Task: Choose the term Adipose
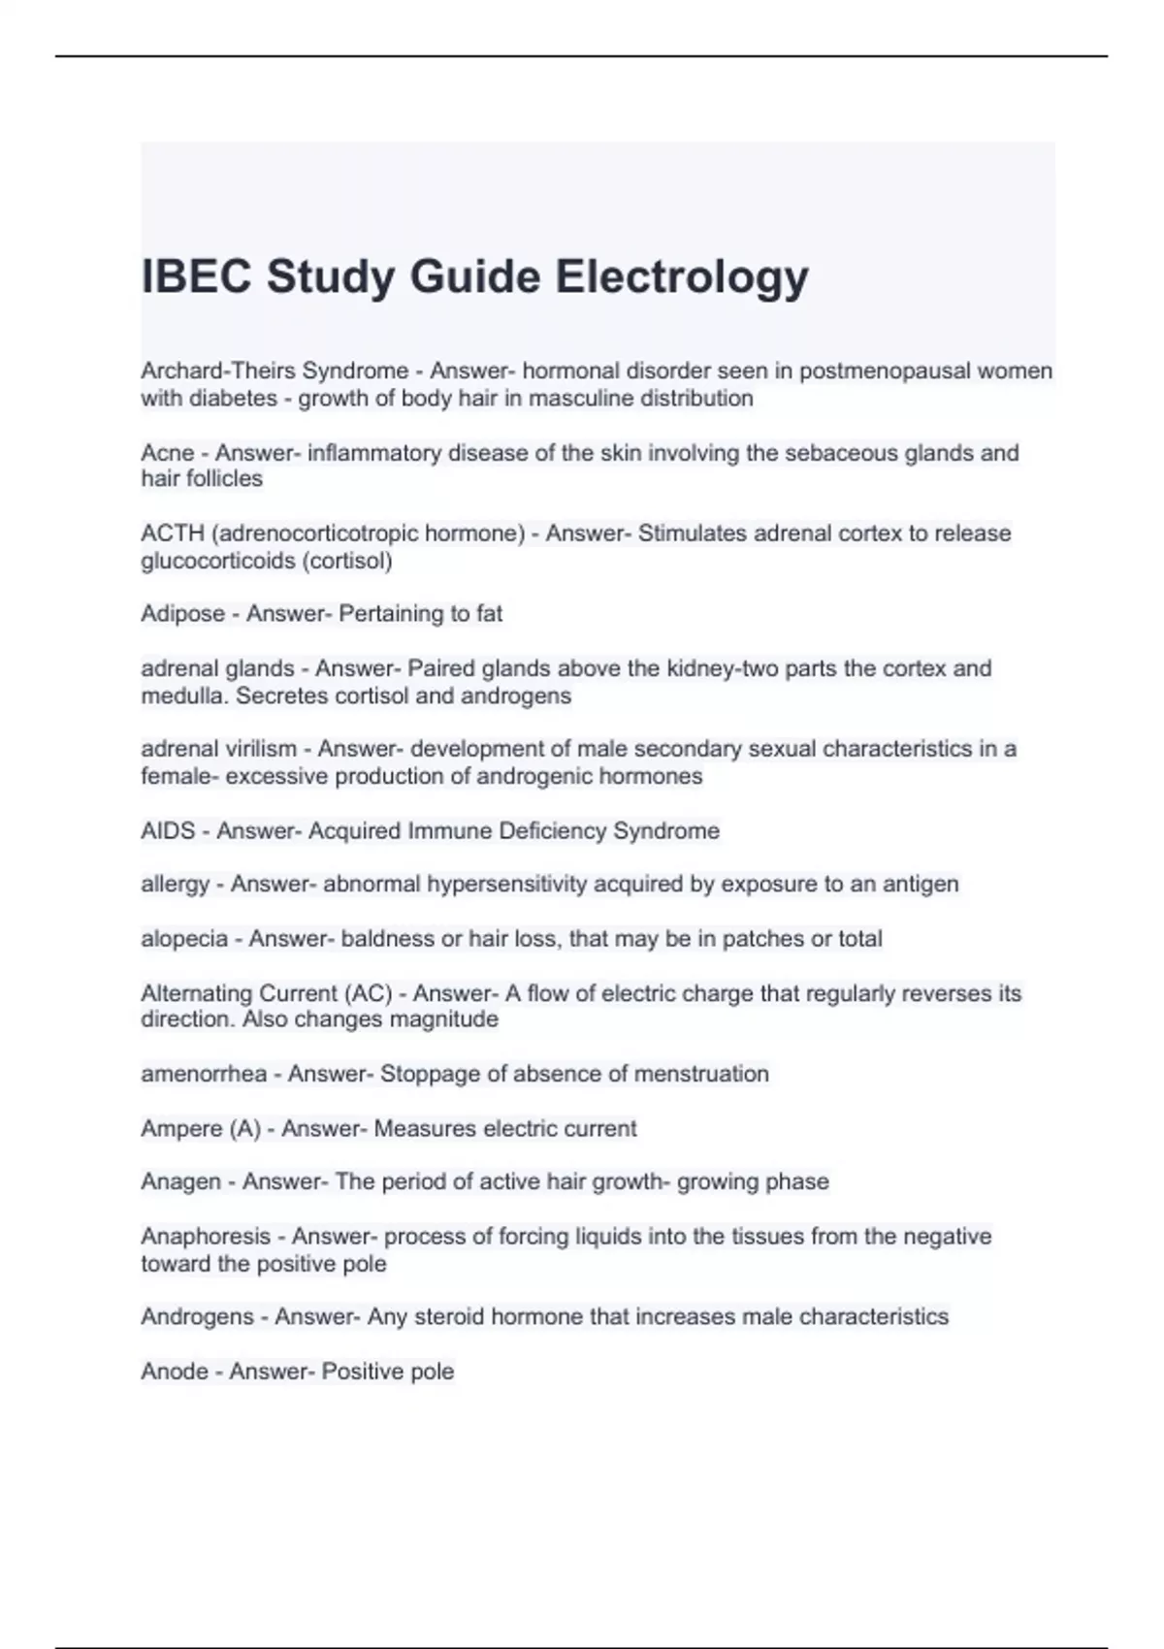[182, 614]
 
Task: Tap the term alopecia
[184, 939]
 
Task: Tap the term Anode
[175, 1372]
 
